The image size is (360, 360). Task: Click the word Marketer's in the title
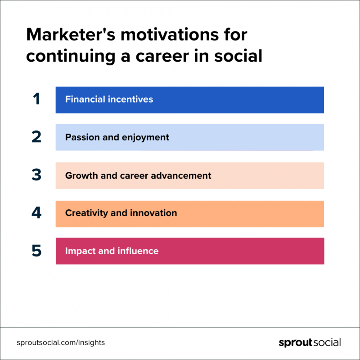pos(71,35)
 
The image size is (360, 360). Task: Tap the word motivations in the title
pos(170,35)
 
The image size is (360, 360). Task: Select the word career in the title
pos(162,56)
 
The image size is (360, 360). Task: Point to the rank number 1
pos(36,99)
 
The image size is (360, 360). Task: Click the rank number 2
pos(36,137)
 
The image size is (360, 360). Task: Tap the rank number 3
pos(36,175)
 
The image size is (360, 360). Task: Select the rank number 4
pos(36,212)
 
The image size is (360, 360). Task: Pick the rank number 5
pos(36,251)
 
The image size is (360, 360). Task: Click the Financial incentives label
pos(109,99)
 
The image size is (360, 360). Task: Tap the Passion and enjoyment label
pos(117,138)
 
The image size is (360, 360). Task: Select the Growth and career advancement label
pos(138,175)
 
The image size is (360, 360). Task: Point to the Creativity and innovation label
pos(121,213)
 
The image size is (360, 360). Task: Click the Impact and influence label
pos(112,251)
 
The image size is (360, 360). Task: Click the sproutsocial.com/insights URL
pos(61,342)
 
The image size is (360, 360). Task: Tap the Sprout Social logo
pos(310,342)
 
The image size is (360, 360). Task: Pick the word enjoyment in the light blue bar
pos(145,138)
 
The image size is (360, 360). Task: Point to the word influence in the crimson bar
pos(138,251)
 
